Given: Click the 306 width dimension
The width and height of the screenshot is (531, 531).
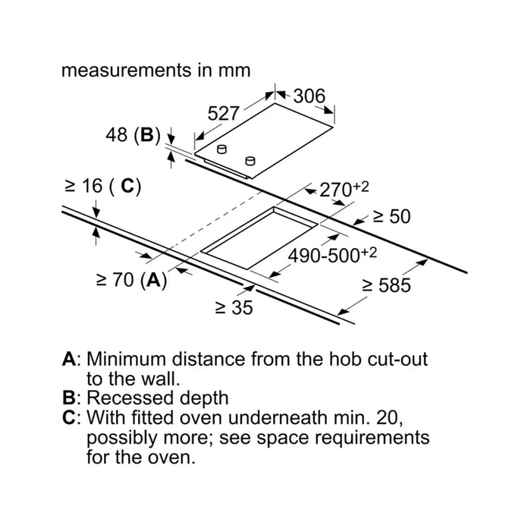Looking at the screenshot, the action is click(x=309, y=96).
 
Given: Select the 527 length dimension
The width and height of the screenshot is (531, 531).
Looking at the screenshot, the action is click(x=224, y=113).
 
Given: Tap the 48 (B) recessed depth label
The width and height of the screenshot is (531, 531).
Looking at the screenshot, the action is click(x=133, y=135).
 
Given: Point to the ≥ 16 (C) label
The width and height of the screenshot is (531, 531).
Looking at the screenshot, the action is click(x=102, y=186).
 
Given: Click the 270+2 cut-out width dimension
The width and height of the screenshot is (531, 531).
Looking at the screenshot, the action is click(x=344, y=189).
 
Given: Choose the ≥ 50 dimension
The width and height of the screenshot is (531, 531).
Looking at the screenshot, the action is click(x=392, y=216).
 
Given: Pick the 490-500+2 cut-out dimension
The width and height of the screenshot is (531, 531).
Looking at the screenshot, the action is click(x=332, y=255).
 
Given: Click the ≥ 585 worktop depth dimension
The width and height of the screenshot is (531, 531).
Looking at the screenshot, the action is click(x=386, y=285).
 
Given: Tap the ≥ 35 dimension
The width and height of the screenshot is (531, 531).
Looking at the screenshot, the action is click(x=234, y=307).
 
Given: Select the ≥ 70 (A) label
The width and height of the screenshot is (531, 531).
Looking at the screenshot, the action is click(x=132, y=280).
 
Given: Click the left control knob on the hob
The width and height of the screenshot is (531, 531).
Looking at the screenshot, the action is click(x=222, y=149).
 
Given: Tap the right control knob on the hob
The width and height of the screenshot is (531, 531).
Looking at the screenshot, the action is click(x=250, y=161).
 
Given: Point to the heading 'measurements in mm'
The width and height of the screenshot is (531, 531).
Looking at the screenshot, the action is click(x=156, y=71).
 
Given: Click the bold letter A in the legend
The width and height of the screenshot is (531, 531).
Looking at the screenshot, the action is click(x=69, y=359).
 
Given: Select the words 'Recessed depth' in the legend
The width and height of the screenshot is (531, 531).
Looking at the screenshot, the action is click(x=158, y=398).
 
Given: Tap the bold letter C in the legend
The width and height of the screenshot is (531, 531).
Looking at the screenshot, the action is click(x=69, y=417).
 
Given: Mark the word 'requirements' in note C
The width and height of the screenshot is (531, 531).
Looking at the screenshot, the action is click(x=372, y=438).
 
